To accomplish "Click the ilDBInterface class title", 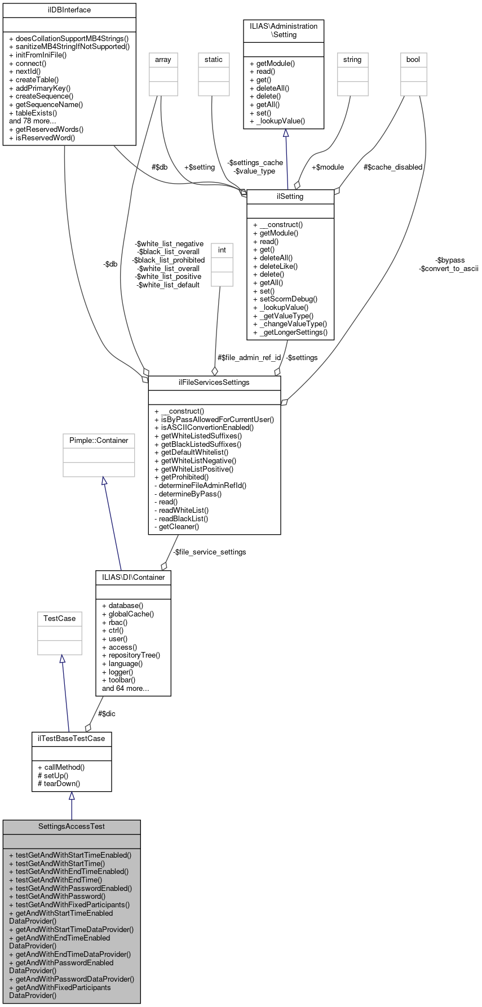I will point(69,10).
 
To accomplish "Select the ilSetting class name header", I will point(290,197).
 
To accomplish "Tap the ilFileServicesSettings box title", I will point(214,382).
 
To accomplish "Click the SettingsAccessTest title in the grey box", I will point(71,826).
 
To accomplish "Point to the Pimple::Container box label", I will point(99,440).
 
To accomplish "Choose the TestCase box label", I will point(59,618).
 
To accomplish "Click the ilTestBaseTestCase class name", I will point(71,738).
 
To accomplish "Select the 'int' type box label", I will point(222,250).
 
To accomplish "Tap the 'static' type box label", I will point(213,59).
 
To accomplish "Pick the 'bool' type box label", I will point(413,59).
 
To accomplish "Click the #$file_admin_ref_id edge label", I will point(249,357).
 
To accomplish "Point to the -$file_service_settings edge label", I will point(209,552).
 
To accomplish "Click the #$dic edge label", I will point(107,713).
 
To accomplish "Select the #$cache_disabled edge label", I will point(392,167).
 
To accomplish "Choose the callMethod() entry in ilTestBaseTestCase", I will point(61,767).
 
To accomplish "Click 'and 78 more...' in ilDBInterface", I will point(33,121).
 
